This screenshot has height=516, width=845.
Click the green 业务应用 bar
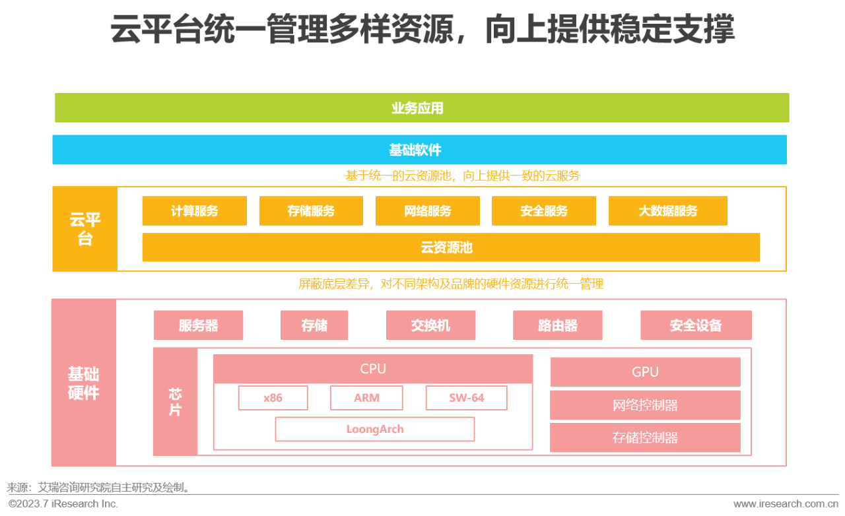click(422, 108)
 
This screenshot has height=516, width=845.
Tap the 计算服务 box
click(195, 211)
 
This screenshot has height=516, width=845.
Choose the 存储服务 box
click(311, 211)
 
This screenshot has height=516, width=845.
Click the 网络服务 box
click(428, 211)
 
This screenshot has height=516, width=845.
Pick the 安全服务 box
click(544, 211)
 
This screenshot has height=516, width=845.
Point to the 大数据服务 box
click(667, 211)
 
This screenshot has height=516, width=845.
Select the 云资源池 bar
click(451, 247)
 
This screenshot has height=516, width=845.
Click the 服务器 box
click(198, 325)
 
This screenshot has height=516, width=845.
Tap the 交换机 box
click(430, 325)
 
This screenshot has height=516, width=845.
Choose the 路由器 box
click(558, 325)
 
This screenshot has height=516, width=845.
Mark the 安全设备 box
click(696, 325)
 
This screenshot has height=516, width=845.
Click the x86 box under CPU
click(273, 398)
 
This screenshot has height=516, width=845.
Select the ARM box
click(366, 398)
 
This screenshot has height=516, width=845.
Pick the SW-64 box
click(466, 398)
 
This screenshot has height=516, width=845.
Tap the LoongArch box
click(375, 429)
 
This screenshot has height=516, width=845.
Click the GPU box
click(645, 372)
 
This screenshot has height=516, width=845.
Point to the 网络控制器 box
click(645, 405)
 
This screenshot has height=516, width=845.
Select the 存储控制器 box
click(645, 437)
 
